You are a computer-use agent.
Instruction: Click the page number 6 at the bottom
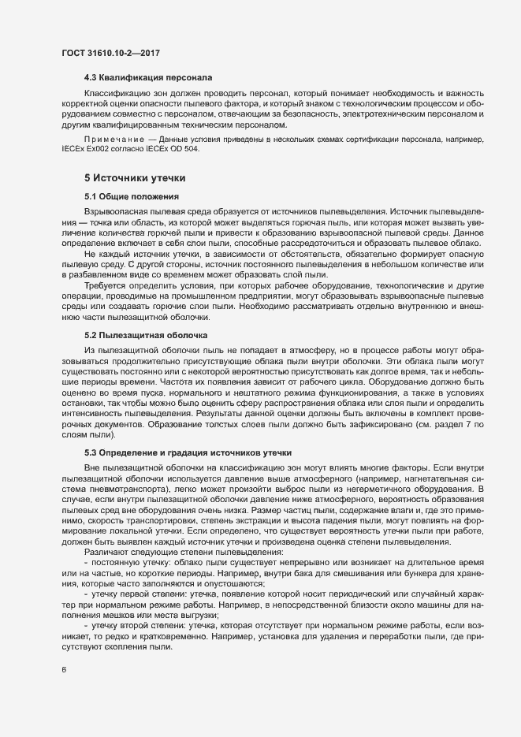[x=64, y=670]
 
